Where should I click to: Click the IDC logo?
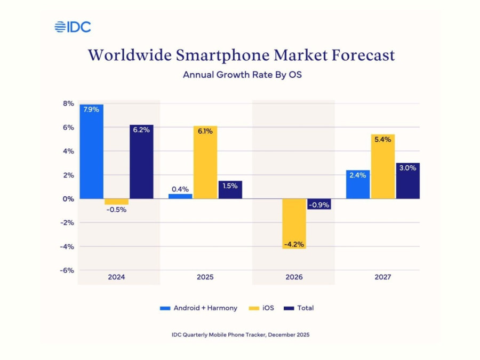pos(73,27)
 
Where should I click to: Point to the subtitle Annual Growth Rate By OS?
pos(242,75)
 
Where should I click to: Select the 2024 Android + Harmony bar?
pos(91,151)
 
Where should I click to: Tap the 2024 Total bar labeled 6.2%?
pos(141,162)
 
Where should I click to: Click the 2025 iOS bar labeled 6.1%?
pos(205,162)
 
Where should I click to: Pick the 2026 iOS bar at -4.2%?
pos(294,223)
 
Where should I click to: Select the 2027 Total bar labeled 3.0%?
pos(407,181)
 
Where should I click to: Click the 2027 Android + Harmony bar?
pos(357,184)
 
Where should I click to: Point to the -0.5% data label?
pos(116,210)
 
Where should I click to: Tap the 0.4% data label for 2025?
pos(180,189)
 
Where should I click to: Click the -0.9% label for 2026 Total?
pos(319,204)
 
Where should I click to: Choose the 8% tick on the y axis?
pos(67,103)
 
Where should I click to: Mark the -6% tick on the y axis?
pos(66,270)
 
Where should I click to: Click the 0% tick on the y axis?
pos(67,199)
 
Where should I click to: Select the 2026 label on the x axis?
pos(294,277)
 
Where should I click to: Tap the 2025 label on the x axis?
pos(205,277)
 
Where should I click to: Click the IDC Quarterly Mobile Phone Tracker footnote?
pos(240,334)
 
